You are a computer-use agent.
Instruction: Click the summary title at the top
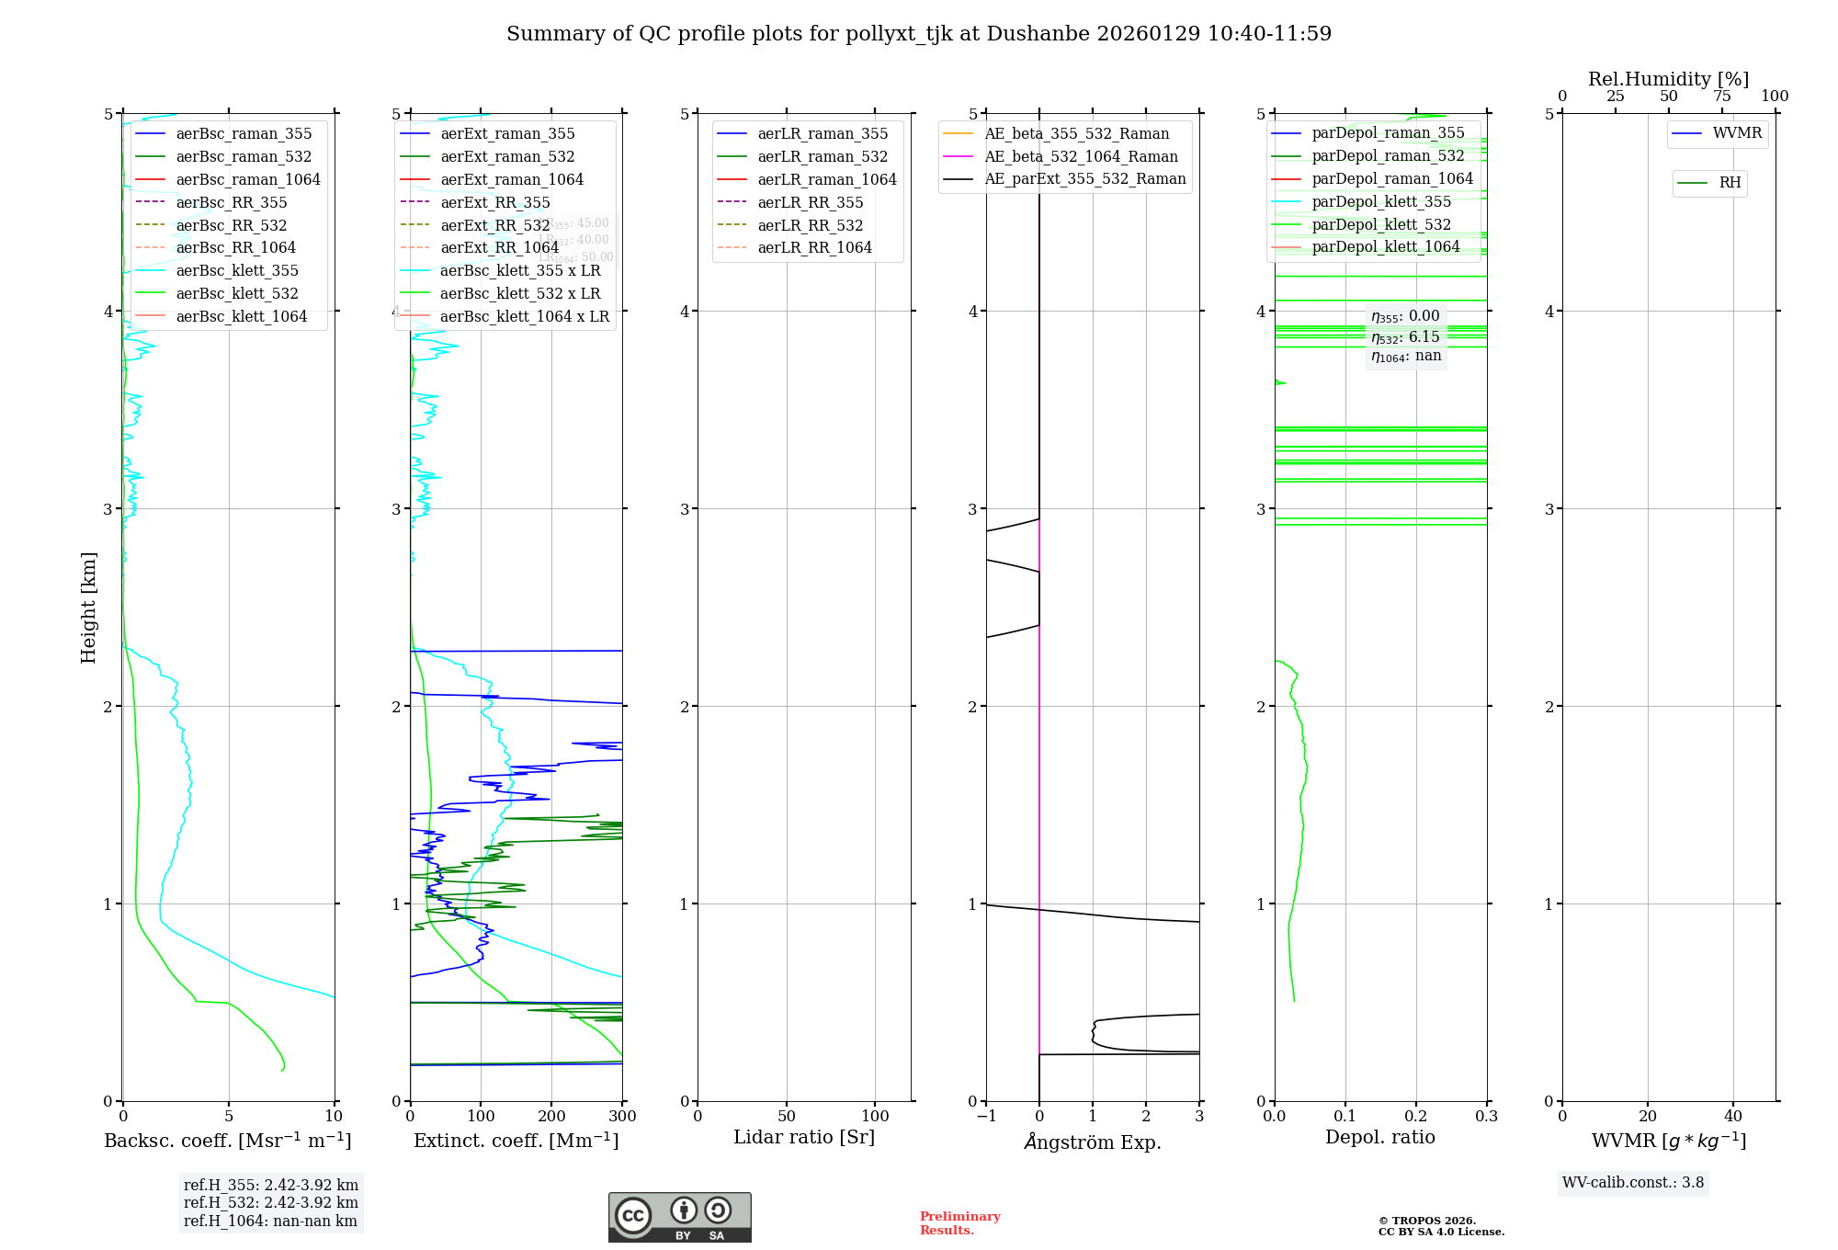pos(919,34)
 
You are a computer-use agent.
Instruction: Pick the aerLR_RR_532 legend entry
pos(810,225)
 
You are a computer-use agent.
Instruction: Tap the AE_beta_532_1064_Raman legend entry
pos(1081,156)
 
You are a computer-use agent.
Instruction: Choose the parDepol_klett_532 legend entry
pos(1380,224)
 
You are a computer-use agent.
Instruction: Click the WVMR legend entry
pos(1736,133)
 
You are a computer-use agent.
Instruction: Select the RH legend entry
pos(1729,183)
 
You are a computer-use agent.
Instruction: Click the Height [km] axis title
pos(88,607)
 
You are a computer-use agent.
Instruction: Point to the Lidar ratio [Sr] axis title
pos(804,1137)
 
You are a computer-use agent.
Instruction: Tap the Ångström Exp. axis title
pos(1093,1142)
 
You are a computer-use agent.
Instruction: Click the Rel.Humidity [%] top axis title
pos(1668,79)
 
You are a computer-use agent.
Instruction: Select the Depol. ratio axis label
pos(1379,1137)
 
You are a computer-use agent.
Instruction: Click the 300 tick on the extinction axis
pos(623,1117)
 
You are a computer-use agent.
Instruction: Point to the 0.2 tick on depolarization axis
pos(1416,1117)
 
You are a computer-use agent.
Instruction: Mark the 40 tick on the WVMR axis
pos(1733,1117)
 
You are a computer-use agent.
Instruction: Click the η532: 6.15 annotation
pos(1405,337)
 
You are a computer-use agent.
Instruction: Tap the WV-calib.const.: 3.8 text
pos(1633,1183)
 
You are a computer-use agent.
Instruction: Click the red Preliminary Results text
pos(959,1223)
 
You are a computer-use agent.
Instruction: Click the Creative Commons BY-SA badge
pos(679,1217)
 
